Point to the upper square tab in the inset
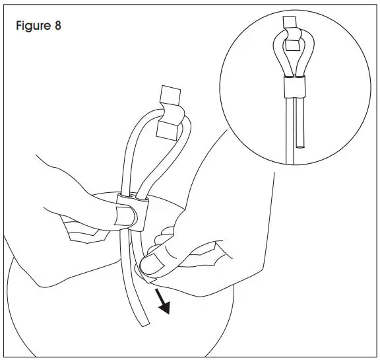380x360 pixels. click(x=290, y=23)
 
